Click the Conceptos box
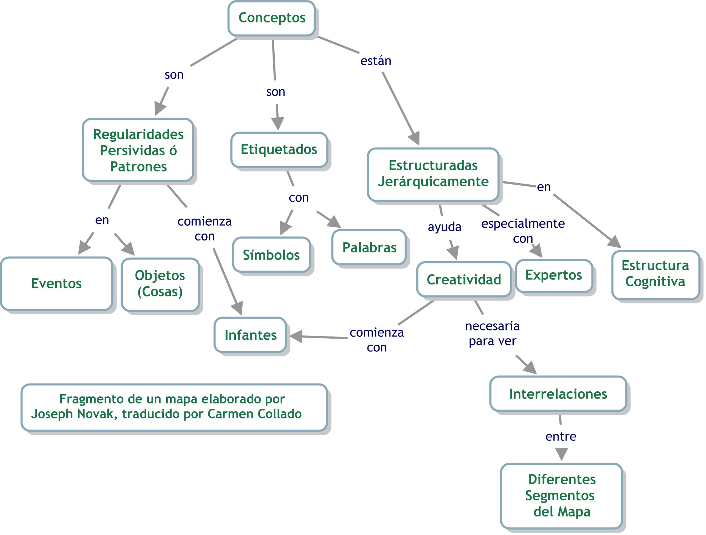[271, 18]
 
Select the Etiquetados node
[279, 150]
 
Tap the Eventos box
[56, 284]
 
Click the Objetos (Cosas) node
[160, 284]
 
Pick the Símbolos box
[271, 255]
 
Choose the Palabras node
[369, 248]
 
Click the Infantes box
[250, 335]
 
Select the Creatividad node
[464, 280]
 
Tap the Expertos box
[554, 276]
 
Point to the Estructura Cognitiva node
[655, 274]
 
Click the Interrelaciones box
[558, 394]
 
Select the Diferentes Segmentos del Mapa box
[562, 496]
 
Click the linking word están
[376, 61]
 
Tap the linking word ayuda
[445, 227]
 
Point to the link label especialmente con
[523, 231]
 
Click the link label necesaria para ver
[492, 334]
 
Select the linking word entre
[561, 437]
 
